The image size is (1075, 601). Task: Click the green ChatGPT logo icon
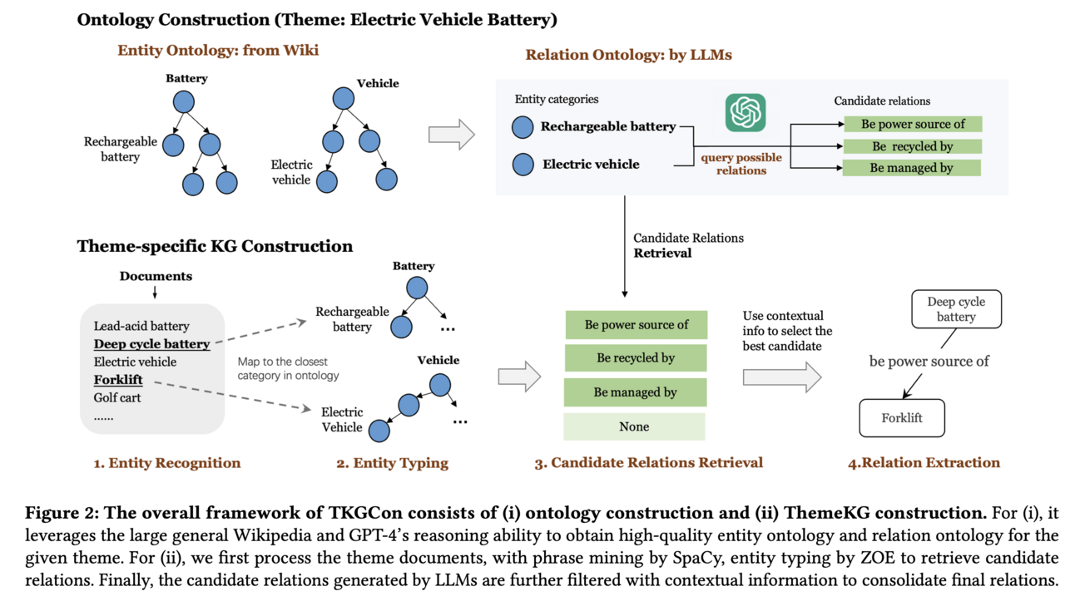tap(746, 111)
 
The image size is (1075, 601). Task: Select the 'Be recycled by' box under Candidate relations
tap(912, 146)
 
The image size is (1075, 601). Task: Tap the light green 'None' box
tap(634, 426)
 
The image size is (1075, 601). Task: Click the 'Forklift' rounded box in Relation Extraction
tap(902, 418)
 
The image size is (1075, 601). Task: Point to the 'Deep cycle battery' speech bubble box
tap(956, 309)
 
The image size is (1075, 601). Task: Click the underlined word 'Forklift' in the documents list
tap(118, 380)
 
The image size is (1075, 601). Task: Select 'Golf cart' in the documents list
tap(117, 397)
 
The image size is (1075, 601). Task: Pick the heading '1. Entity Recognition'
tap(166, 463)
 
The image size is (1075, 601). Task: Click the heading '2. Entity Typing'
tap(392, 463)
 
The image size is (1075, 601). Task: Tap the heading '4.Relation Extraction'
tap(924, 463)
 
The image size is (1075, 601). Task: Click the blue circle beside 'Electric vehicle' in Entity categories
tap(523, 164)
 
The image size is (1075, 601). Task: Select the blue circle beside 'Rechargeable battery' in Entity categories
tap(523, 127)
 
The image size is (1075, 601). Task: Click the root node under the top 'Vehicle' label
tap(343, 98)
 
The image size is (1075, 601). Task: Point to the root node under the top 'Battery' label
tap(184, 101)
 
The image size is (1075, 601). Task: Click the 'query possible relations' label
tap(741, 164)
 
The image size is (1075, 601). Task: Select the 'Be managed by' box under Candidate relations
tap(912, 168)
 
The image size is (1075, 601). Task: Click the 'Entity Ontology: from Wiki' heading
tap(218, 51)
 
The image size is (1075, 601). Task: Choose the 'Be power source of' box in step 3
tap(636, 324)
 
